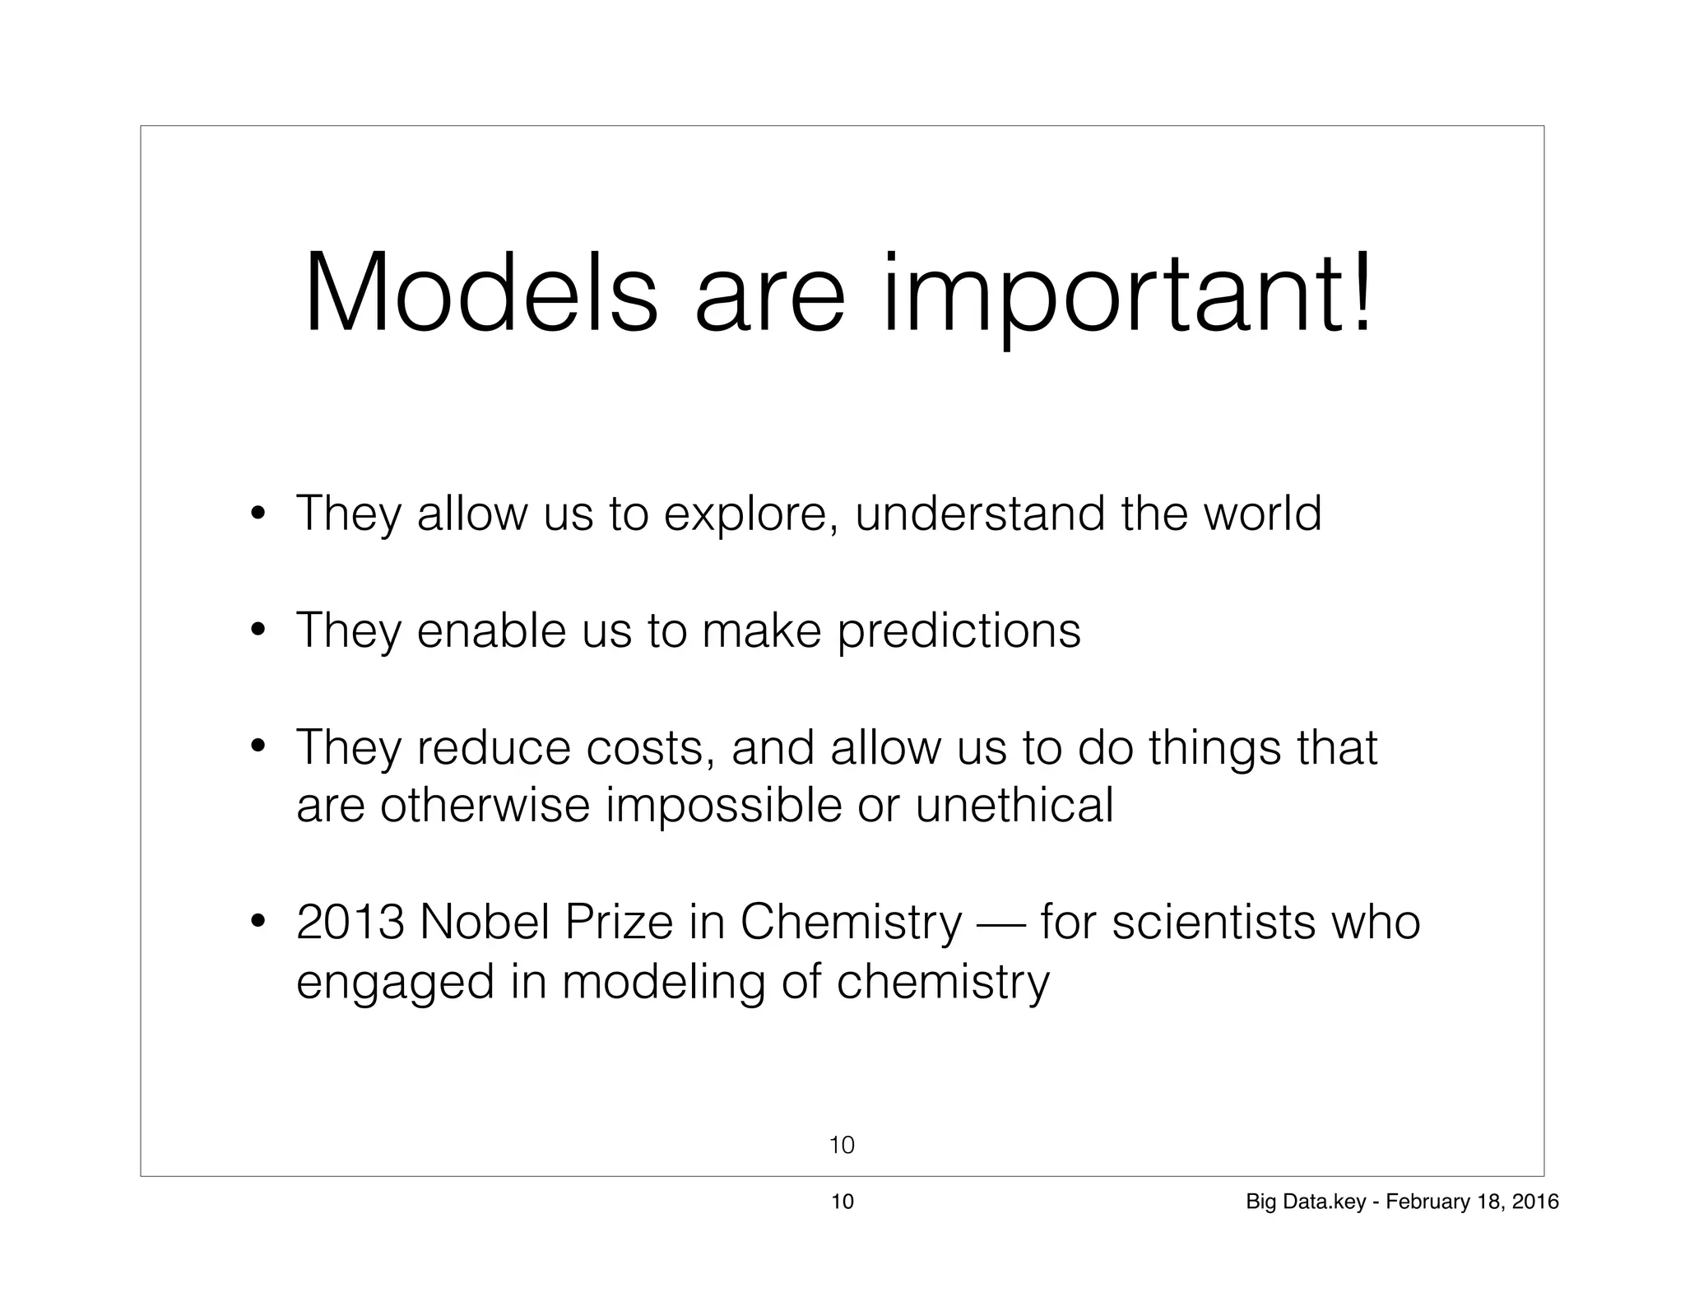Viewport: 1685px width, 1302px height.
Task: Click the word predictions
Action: [959, 631]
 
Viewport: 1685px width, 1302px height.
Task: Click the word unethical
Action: [1014, 805]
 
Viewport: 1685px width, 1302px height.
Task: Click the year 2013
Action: [350, 923]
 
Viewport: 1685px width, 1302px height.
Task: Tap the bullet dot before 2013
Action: [258, 922]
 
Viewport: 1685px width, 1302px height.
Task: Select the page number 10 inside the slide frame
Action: [842, 1145]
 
